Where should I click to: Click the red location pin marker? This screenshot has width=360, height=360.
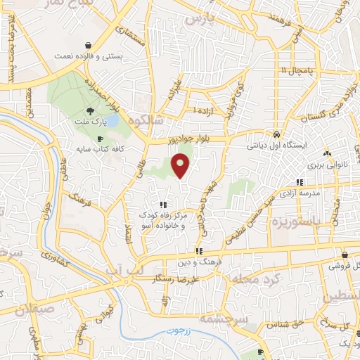181,165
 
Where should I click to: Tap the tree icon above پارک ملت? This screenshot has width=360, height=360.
90,111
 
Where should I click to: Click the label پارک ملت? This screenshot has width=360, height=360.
90,122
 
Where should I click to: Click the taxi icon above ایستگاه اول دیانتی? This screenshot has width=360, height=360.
277,134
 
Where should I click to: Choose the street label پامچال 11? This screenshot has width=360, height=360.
294,71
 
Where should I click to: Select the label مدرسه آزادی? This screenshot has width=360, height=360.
299,191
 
